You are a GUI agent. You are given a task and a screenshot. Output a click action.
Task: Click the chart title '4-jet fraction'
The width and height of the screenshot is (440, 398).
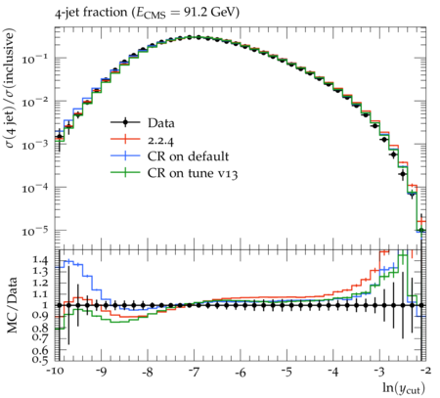[91, 13]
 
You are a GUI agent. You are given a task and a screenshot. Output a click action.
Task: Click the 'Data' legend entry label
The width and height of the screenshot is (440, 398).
[161, 123]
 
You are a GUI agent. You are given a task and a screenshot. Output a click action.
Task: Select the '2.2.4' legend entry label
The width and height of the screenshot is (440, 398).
[160, 140]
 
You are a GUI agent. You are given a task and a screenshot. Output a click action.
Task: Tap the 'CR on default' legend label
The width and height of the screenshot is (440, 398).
[188, 156]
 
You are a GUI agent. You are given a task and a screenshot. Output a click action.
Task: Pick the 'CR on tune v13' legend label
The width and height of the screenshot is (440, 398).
[193, 173]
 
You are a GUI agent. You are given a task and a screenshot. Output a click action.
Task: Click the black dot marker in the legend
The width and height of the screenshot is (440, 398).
[125, 122]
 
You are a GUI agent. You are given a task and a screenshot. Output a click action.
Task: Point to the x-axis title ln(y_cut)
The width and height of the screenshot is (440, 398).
[404, 388]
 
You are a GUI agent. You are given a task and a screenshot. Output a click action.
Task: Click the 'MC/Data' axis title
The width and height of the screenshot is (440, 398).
[12, 305]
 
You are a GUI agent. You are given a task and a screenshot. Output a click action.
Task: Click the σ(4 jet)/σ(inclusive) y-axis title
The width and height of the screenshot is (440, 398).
[10, 88]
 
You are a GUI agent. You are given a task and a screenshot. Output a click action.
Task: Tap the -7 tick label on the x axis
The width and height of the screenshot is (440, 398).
[194, 372]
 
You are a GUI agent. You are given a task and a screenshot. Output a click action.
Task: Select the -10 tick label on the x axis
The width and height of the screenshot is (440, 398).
[55, 372]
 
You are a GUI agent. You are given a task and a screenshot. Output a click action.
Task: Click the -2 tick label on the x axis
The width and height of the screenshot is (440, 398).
[425, 371]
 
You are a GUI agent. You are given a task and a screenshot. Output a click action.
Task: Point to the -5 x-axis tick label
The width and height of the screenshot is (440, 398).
[286, 372]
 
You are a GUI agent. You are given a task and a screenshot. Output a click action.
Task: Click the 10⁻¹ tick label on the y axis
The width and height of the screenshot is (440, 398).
[35, 59]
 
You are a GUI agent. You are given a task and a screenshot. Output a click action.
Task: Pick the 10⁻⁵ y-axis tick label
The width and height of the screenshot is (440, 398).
[35, 231]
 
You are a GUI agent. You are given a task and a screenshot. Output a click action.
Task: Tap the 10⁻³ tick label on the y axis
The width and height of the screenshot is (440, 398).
[35, 145]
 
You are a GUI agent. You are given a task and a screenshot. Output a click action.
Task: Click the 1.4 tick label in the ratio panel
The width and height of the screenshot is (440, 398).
[40, 260]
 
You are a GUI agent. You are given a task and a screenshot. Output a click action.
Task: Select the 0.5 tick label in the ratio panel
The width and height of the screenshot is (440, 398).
[40, 359]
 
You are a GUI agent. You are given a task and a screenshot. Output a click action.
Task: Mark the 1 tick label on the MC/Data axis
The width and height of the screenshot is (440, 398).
[45, 305]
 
